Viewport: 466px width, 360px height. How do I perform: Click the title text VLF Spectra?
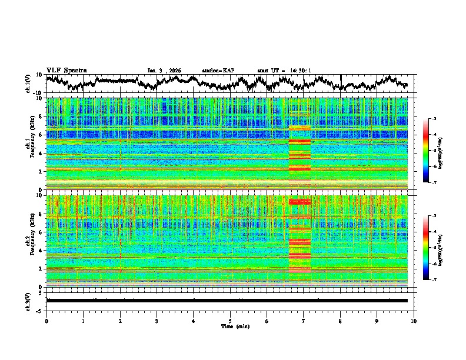coord(66,70)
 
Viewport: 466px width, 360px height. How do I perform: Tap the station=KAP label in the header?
coord(218,71)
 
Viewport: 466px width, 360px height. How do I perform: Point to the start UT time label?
coord(284,71)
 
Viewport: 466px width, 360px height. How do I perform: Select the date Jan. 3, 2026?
coord(164,71)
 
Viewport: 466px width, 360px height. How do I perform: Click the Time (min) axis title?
coord(230,326)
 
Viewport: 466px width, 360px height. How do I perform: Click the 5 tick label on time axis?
coord(230,321)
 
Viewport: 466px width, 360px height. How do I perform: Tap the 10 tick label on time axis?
coord(414,321)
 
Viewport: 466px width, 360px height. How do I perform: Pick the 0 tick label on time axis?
coord(46,321)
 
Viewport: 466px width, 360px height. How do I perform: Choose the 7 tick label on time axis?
coord(304,321)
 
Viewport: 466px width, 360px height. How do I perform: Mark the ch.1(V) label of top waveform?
coord(29,84)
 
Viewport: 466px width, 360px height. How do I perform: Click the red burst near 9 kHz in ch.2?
coord(299,201)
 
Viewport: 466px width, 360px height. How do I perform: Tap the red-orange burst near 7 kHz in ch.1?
coord(299,127)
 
